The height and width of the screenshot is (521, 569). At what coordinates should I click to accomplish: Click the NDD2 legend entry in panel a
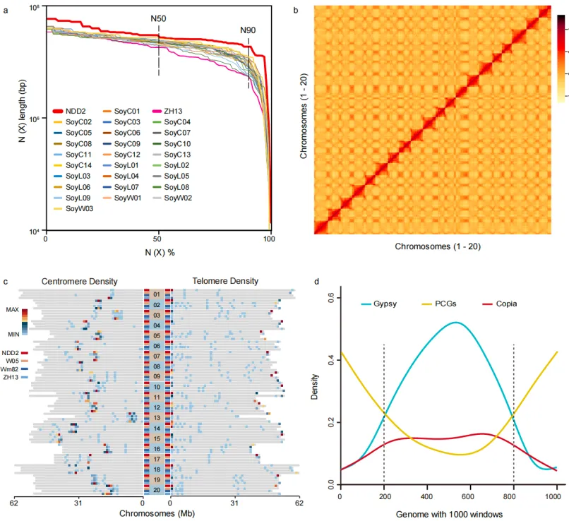pos(76,111)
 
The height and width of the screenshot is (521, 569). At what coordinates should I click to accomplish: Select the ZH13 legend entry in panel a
pos(174,111)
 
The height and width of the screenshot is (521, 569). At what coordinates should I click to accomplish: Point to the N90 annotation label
pos(248,30)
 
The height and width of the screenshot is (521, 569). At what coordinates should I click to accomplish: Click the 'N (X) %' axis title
pos(157,252)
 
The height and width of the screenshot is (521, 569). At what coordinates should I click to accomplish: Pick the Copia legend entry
pos(506,304)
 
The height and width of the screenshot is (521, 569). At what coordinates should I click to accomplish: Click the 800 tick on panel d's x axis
pos(513,498)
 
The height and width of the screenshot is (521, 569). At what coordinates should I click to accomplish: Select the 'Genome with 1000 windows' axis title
pos(448,514)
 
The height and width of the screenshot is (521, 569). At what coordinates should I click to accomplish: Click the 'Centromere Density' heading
pos(79,281)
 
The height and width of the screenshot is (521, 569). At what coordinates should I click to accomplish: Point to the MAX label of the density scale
pos(12,310)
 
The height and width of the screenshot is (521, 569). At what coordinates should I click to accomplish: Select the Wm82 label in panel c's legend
pos(10,369)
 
